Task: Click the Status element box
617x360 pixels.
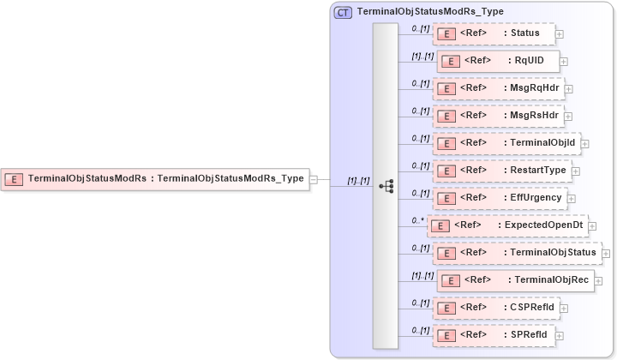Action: pyautogui.click(x=494, y=33)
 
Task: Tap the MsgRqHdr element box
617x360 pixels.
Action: pyautogui.click(x=498, y=88)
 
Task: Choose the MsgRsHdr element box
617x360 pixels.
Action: pyautogui.click(x=498, y=116)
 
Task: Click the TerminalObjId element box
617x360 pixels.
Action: pyautogui.click(x=506, y=143)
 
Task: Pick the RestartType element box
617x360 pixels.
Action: pyautogui.click(x=501, y=171)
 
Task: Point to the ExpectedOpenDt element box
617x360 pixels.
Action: pyautogui.click(x=506, y=225)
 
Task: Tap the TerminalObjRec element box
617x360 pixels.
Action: pyautogui.click(x=514, y=280)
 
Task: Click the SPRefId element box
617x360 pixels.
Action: pyautogui.click(x=492, y=334)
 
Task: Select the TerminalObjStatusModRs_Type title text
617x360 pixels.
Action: pyautogui.click(x=430, y=12)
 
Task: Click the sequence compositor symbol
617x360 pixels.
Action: pyautogui.click(x=386, y=185)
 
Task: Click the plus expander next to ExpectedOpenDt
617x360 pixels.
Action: pyautogui.click(x=594, y=226)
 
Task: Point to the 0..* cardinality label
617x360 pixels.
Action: pyautogui.click(x=417, y=220)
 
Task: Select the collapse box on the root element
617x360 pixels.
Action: pyautogui.click(x=314, y=179)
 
